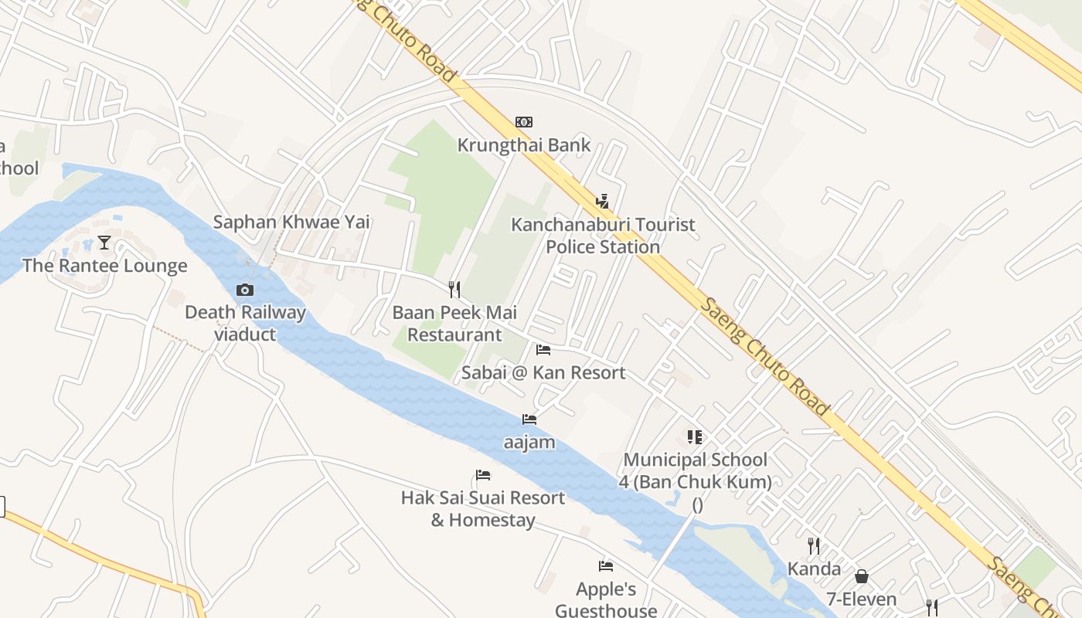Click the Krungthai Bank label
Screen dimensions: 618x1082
(x=523, y=145)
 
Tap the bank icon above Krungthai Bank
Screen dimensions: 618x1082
(x=524, y=122)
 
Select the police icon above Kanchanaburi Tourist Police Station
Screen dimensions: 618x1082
(x=602, y=202)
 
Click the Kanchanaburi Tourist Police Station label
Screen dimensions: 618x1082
(x=603, y=236)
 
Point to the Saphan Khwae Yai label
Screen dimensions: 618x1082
(x=291, y=222)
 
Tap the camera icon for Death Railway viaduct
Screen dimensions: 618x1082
(x=245, y=290)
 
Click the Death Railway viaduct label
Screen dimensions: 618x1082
(x=245, y=324)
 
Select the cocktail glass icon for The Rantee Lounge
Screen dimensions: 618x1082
(x=104, y=243)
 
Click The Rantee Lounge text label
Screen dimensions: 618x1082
(x=104, y=267)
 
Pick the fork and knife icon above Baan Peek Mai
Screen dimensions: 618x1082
(x=454, y=290)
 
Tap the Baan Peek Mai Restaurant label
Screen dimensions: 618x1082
(x=454, y=324)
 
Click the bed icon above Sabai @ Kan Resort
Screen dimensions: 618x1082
(x=543, y=350)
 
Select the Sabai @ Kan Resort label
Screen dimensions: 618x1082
(x=543, y=373)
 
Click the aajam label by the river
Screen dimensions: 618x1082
(x=529, y=443)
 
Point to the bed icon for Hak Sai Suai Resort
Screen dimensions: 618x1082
(x=483, y=475)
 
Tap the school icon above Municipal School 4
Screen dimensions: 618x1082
(x=695, y=438)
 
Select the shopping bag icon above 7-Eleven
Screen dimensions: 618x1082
(x=862, y=576)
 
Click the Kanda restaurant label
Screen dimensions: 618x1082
(x=814, y=569)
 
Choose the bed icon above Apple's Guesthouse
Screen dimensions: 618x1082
(x=606, y=566)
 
